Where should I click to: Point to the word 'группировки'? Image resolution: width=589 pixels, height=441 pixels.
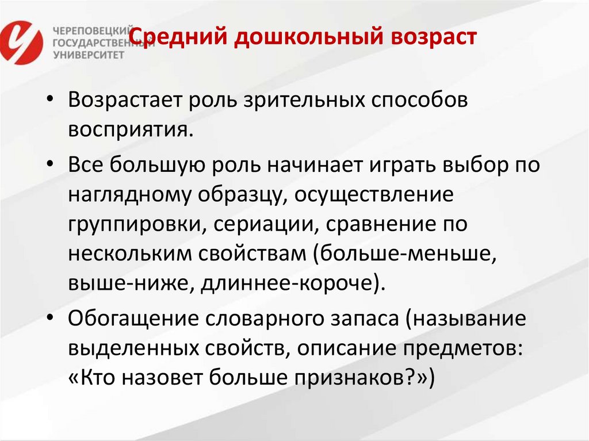(132, 224)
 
